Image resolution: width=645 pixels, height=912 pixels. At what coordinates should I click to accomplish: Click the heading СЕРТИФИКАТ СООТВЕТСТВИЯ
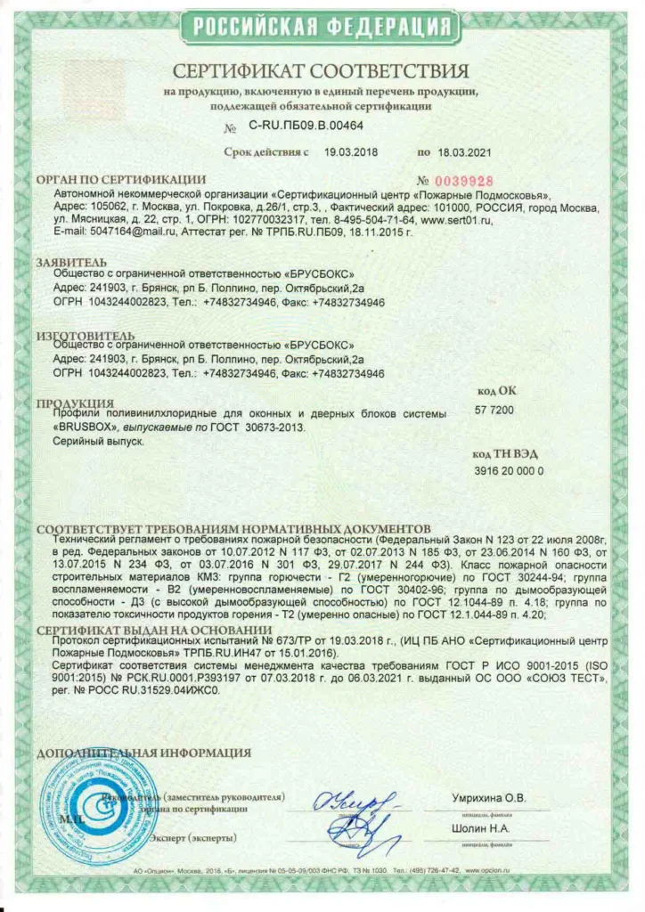321,71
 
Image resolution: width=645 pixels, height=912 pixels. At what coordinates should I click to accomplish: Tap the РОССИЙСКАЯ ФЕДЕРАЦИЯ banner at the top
322,27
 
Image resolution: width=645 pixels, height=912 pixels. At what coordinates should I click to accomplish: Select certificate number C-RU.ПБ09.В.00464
306,126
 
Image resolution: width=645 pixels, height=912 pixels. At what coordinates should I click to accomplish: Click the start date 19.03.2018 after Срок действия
351,152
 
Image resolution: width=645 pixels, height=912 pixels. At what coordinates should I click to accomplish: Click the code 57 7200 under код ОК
494,410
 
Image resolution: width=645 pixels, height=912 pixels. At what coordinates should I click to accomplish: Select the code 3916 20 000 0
509,470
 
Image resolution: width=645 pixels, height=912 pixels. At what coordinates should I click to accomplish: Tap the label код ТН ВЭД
506,453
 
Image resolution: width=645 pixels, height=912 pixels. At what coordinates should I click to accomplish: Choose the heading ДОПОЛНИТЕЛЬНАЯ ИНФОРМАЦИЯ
143,753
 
